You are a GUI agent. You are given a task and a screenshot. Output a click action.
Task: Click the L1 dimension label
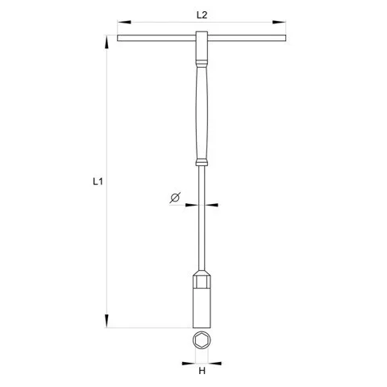tap(97, 183)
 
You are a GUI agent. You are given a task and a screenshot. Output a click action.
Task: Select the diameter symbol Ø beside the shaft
tap(174, 198)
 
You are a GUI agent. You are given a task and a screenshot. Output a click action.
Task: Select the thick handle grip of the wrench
tap(202, 113)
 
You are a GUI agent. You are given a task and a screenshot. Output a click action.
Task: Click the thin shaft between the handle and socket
tap(202, 226)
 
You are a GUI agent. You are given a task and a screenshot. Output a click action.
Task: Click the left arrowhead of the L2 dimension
tap(121, 22)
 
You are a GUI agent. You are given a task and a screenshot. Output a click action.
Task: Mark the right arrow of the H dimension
tap(214, 360)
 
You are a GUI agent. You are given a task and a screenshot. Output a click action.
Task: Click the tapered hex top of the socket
tap(202, 278)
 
